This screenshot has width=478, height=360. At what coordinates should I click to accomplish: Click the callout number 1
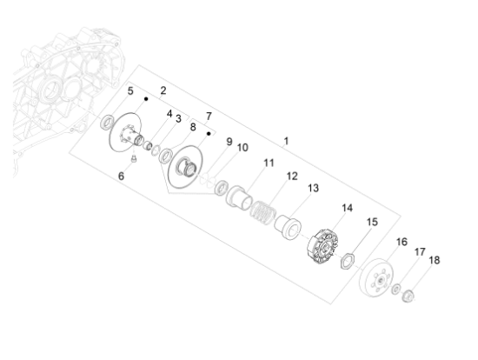point(286,140)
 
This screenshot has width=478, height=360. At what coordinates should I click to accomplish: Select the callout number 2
point(163,90)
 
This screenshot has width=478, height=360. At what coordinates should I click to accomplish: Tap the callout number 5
point(130,90)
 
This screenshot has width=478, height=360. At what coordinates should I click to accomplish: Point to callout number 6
point(121,176)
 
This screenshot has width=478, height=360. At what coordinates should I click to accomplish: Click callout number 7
point(209,116)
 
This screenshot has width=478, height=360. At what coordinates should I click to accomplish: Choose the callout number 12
point(292,176)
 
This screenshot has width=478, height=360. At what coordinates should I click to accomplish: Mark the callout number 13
point(313,187)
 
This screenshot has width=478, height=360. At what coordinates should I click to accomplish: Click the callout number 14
point(347,208)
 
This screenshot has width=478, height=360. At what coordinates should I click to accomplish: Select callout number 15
point(371,222)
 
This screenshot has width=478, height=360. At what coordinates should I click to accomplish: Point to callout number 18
point(435,259)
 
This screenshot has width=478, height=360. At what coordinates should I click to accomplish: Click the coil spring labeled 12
point(262,210)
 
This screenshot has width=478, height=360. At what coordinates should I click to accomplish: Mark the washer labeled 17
point(396,290)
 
